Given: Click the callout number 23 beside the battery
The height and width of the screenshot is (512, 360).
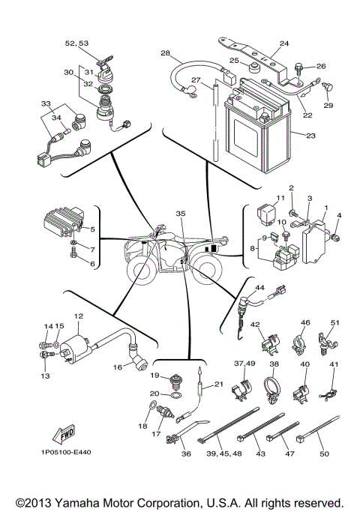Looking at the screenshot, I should (310, 136).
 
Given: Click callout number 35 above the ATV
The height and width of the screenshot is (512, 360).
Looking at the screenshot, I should (180, 214).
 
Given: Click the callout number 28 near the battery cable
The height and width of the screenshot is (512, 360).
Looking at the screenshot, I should (166, 53).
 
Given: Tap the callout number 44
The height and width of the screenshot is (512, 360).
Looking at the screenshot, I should (259, 288).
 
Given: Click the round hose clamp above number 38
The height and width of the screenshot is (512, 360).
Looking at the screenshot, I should (274, 390).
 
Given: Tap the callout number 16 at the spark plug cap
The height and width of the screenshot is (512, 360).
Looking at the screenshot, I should (118, 368).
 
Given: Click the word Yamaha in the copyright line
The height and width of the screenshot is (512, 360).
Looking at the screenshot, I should (79, 502).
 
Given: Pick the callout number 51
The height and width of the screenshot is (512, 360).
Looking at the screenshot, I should (334, 323).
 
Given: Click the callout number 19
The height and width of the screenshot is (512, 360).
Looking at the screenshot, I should (154, 375).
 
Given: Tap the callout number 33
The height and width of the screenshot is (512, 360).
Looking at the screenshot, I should (45, 103).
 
